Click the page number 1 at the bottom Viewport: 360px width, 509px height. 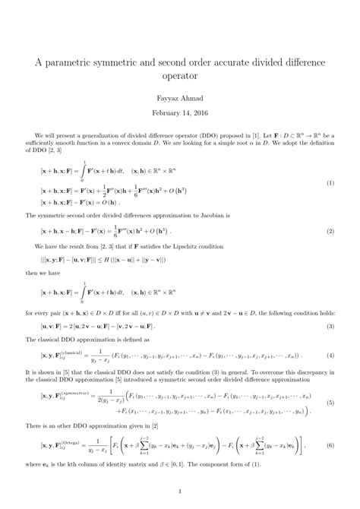(179, 491)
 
